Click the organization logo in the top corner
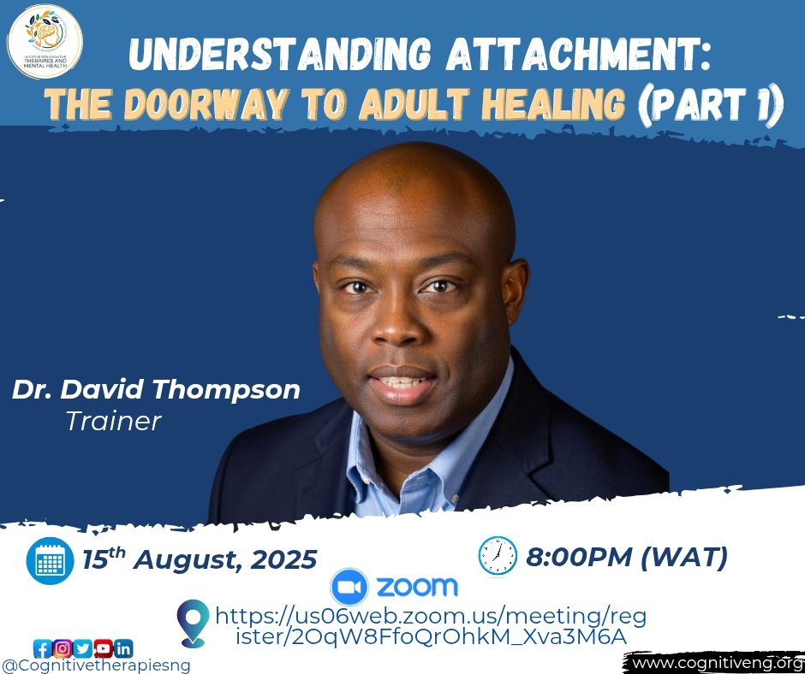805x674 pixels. (45, 40)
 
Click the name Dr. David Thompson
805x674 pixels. (156, 390)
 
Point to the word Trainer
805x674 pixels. (113, 420)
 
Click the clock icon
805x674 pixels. (498, 556)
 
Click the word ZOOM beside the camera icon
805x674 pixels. (417, 588)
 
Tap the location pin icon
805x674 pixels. (193, 623)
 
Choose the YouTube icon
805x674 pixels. (103, 648)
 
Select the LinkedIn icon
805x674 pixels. (123, 648)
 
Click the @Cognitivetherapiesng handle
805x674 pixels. (96, 665)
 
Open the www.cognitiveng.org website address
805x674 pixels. (714, 663)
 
